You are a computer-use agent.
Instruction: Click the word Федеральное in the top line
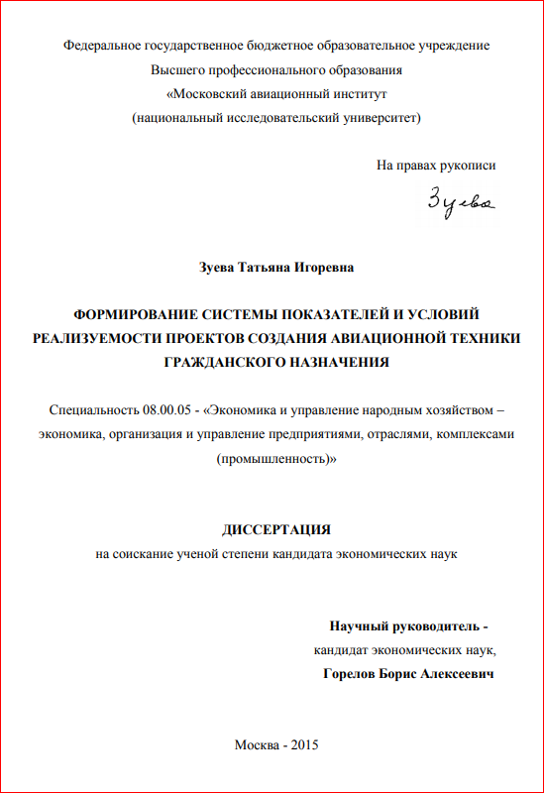tap(102, 46)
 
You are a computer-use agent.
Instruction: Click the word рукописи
tap(469, 166)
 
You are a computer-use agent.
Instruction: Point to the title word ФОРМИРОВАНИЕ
tap(134, 315)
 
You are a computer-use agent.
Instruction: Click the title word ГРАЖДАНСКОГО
tap(222, 363)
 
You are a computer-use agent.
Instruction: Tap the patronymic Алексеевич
tap(455, 674)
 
